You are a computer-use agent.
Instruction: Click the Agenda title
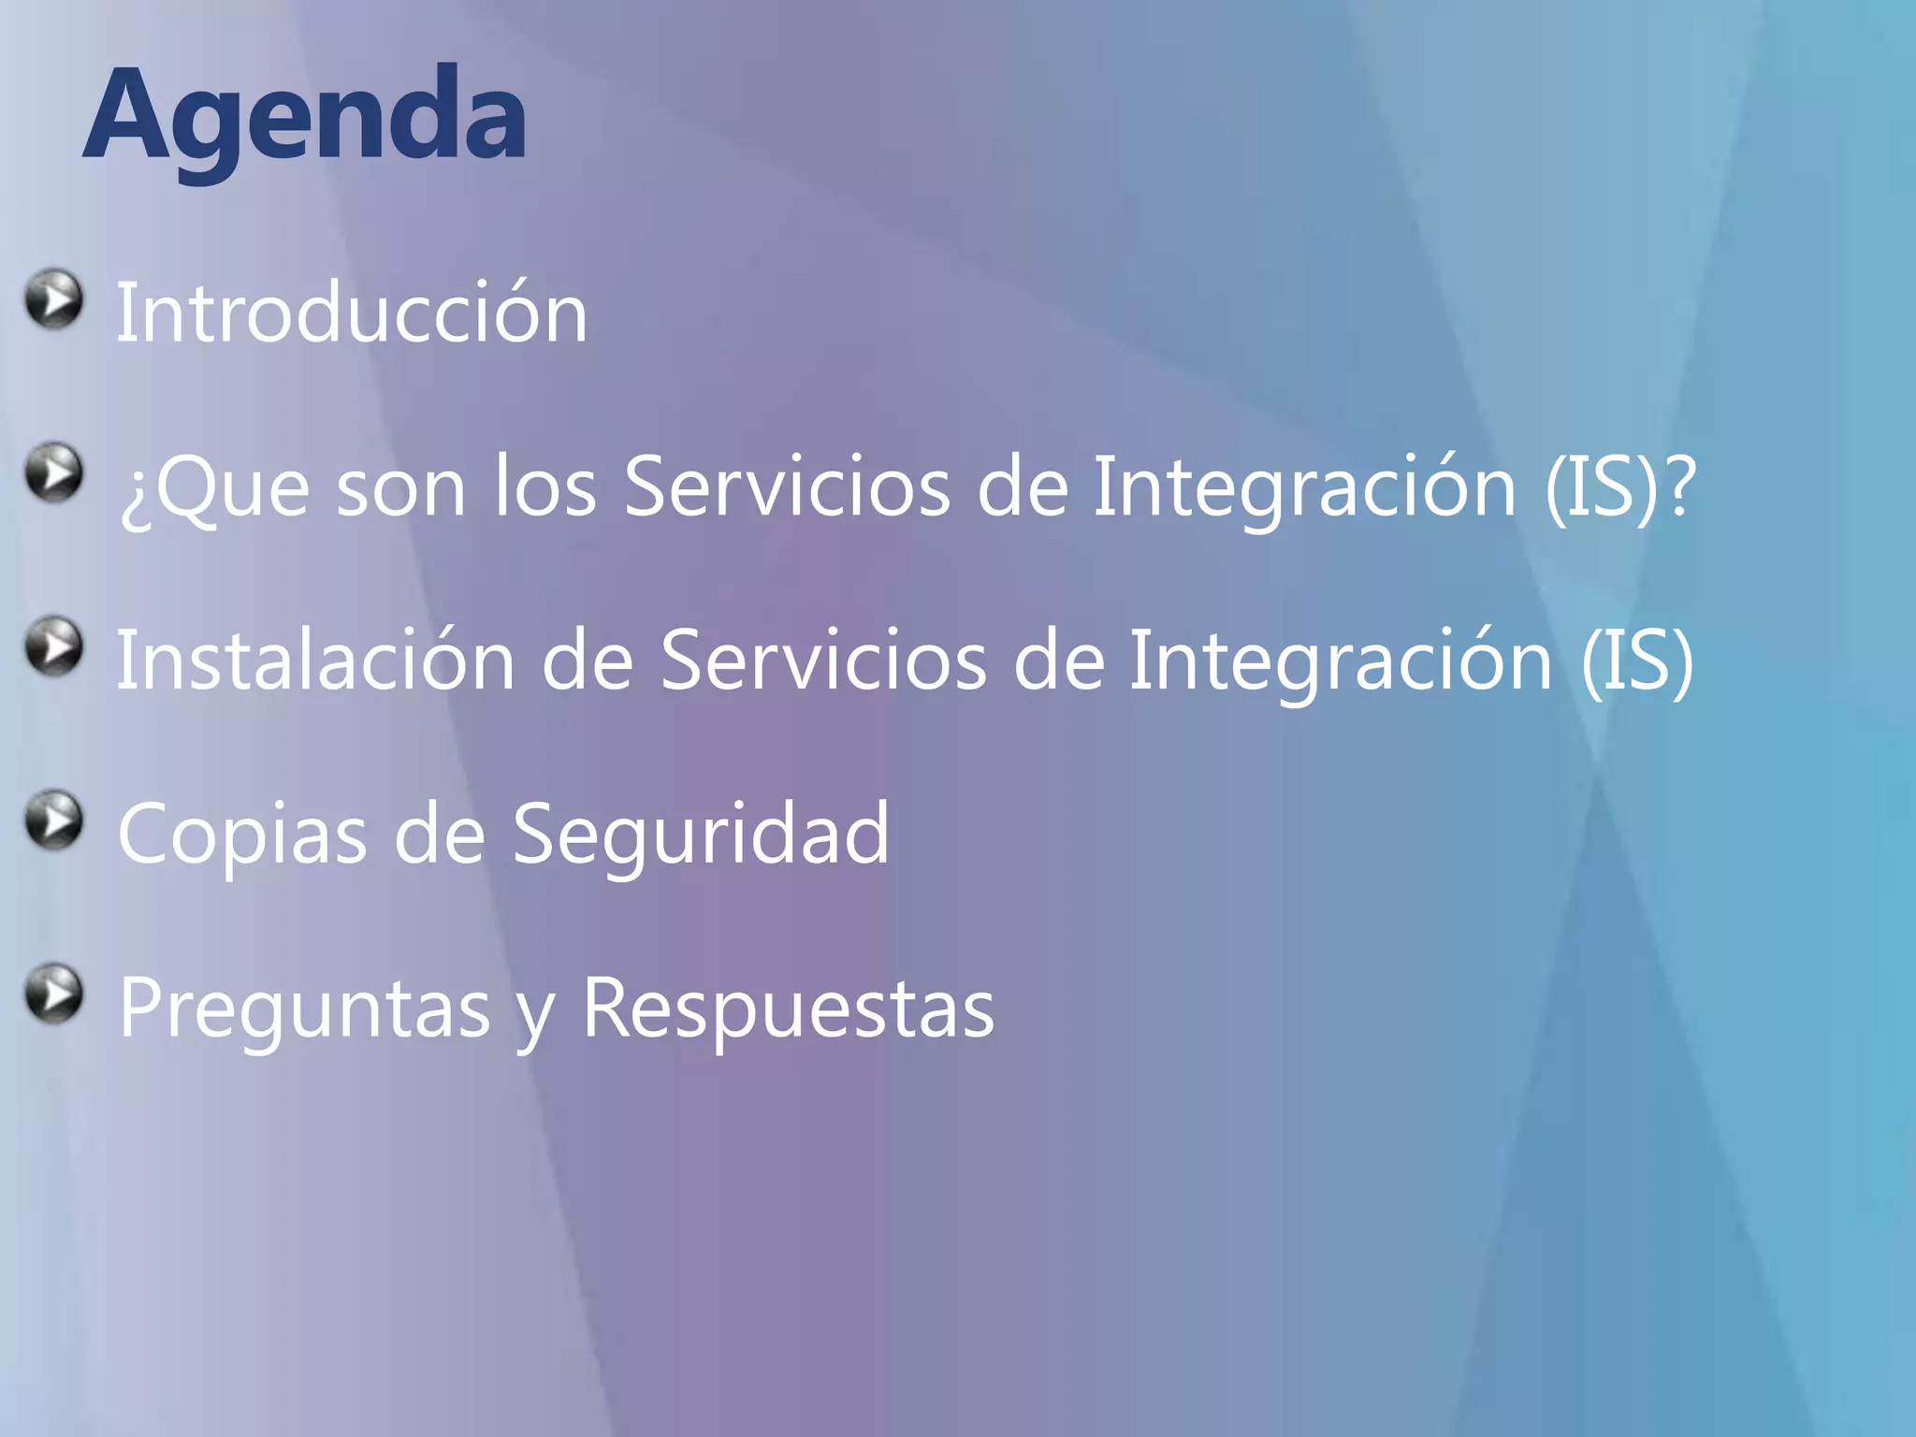pos(304,117)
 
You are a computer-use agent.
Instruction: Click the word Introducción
pos(351,313)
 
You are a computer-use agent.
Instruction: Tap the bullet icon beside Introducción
pos(53,299)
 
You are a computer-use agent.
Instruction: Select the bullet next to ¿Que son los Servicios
pos(53,472)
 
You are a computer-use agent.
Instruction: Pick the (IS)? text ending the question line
pos(1619,486)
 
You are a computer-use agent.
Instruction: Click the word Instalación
pos(315,660)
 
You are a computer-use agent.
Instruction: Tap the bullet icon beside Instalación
pos(53,646)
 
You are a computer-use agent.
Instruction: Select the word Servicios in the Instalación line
pos(823,660)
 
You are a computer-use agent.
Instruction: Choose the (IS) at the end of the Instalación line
pos(1636,660)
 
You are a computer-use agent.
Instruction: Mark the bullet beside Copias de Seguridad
pos(53,820)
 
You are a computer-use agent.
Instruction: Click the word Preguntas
pos(304,1009)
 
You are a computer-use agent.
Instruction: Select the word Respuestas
pos(788,1009)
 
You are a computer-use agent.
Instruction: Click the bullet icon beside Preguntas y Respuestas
pos(53,993)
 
